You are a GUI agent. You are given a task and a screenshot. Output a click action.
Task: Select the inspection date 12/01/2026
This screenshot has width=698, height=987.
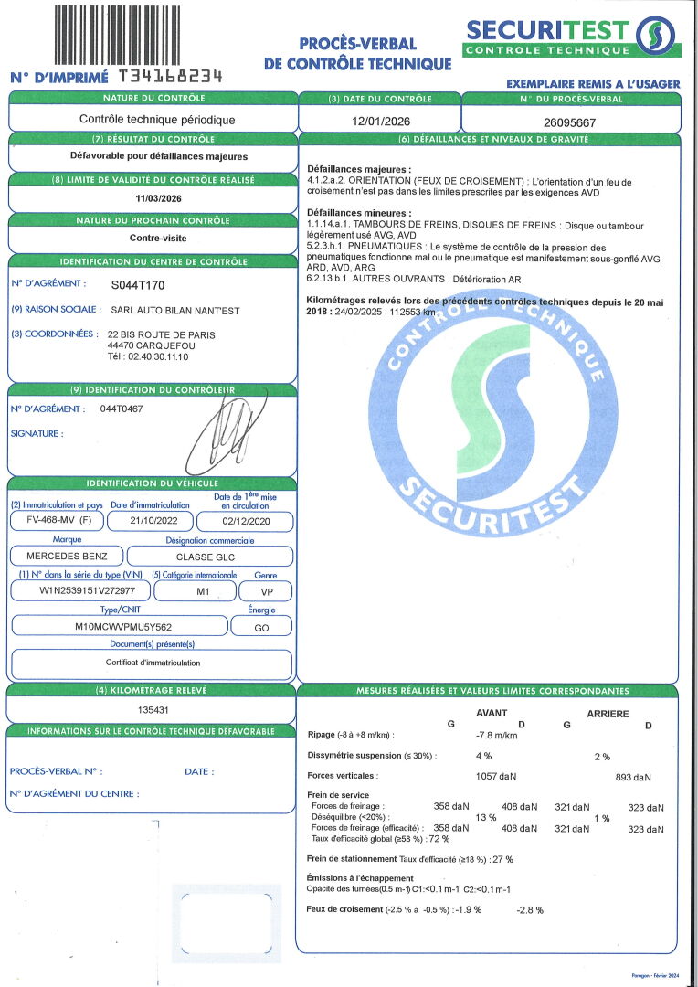pos(379,121)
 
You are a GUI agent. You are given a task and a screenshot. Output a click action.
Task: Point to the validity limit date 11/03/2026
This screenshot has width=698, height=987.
pos(153,197)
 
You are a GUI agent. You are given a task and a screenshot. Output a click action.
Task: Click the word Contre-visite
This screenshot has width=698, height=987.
pos(153,239)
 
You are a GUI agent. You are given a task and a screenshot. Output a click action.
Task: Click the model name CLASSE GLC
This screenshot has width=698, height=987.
pos(208,556)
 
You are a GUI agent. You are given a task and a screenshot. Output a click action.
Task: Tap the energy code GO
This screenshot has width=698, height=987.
pos(260,627)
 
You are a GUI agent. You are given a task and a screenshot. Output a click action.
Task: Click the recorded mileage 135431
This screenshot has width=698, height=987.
pos(153,709)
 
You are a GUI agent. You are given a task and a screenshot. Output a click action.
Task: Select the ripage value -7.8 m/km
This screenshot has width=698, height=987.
pos(497,735)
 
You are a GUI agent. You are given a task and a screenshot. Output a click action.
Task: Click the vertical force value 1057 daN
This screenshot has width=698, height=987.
pos(496,776)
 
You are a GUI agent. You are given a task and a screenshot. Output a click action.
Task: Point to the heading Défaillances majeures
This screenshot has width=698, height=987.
pos(358,169)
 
